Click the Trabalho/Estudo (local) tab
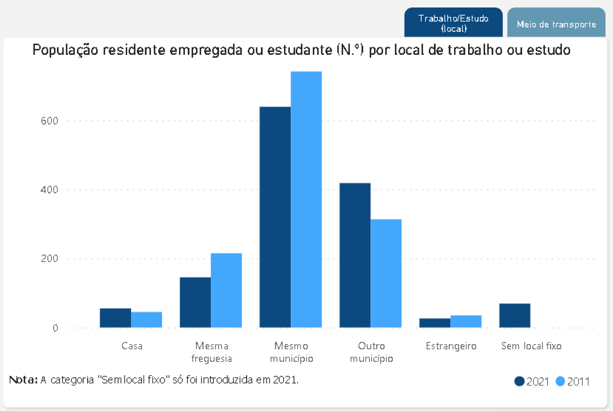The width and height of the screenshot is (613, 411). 453,23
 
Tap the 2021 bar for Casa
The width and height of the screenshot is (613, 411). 115,318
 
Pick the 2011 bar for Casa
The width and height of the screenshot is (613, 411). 146,320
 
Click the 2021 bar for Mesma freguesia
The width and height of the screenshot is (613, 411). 195,302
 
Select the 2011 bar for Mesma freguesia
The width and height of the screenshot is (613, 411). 226,290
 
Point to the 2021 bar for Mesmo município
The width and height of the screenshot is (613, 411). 275,217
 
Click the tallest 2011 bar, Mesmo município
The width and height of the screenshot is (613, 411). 306,199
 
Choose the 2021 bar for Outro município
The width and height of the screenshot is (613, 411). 355,255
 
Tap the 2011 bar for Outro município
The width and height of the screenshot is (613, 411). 386,273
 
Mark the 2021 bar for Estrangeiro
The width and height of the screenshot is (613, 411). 435,323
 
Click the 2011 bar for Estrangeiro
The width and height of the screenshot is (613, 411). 466,321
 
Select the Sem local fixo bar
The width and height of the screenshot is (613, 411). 515,315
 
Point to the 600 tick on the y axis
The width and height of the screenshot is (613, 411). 49,121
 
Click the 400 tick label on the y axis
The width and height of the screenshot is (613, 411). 49,190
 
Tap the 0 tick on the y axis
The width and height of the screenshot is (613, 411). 55,328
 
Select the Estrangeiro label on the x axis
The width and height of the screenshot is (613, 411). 451,346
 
